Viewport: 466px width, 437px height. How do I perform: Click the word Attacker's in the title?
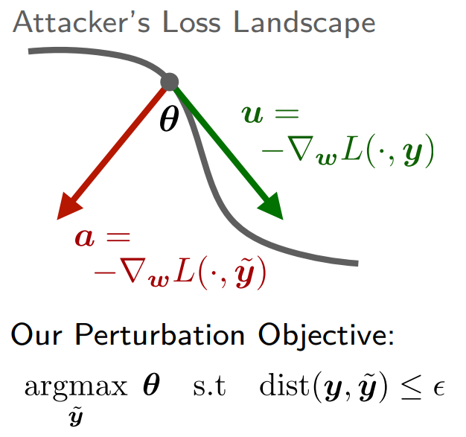pos(81,22)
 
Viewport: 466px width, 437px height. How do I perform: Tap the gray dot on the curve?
pos(170,82)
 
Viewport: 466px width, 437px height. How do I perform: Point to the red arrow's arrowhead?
pos(69,206)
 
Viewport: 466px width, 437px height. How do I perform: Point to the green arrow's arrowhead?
pos(271,206)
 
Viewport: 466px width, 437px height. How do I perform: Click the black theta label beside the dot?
pos(170,119)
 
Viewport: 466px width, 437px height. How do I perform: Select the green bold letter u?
pos(252,114)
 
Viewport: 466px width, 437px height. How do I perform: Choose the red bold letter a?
pos(85,237)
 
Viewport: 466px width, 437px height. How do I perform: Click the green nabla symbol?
pos(301,148)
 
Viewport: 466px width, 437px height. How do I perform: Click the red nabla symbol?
pos(134,270)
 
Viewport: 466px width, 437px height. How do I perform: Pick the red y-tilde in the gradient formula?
pos(246,272)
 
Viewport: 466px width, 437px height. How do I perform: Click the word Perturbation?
pos(160,334)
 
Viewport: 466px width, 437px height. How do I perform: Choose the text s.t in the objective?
pos(210,386)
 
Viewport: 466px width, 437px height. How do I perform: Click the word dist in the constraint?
pos(284,384)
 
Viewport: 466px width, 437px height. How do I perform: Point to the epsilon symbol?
pos(438,389)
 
